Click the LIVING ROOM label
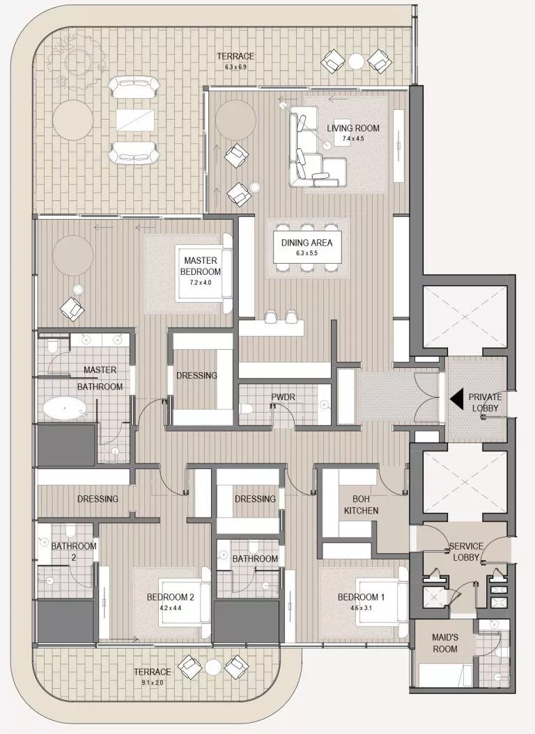(353, 128)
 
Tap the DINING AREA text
(307, 243)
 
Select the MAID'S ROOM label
(444, 644)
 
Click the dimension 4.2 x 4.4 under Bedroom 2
(170, 607)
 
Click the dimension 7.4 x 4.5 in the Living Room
(353, 138)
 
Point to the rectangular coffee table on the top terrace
(137, 119)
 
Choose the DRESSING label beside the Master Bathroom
(196, 376)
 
